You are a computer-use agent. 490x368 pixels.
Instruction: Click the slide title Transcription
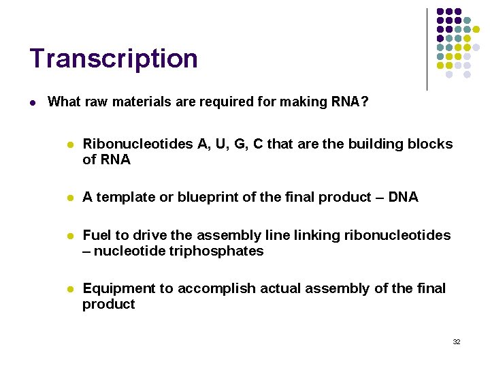[114, 59]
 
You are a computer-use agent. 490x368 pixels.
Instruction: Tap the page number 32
[457, 341]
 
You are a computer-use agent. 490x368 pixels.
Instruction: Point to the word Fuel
[97, 235]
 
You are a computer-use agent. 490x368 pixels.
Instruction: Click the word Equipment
[119, 288]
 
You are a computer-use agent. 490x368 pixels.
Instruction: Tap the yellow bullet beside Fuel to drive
[69, 236]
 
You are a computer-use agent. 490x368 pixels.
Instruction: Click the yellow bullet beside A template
[69, 198]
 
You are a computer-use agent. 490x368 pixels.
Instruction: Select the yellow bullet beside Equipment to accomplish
[69, 289]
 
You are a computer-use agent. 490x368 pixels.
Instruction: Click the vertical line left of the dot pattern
[427, 49]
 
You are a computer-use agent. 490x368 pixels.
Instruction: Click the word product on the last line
[109, 304]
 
